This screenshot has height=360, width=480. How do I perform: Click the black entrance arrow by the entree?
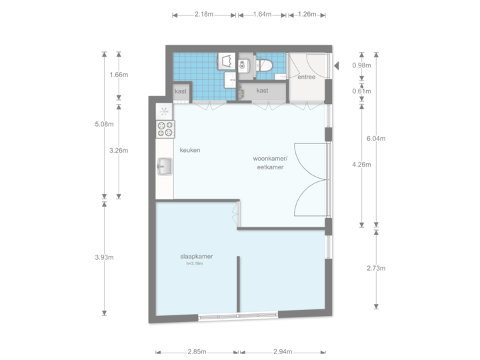coord(337,65)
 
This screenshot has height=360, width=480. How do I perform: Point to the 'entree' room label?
coord(306,77)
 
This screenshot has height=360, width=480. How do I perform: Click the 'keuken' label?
coord(190,150)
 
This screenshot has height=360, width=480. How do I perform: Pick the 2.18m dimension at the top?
coord(204,15)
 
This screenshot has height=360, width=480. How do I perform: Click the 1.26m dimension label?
coord(307,15)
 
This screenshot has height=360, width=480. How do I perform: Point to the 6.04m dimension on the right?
coord(377,139)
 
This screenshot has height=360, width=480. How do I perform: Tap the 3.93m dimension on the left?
coord(105,257)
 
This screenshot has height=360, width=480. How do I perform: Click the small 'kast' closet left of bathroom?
coord(181,91)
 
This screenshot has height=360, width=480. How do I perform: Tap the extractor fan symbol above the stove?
coord(164,112)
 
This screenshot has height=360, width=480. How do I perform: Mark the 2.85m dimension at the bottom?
coord(197,351)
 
